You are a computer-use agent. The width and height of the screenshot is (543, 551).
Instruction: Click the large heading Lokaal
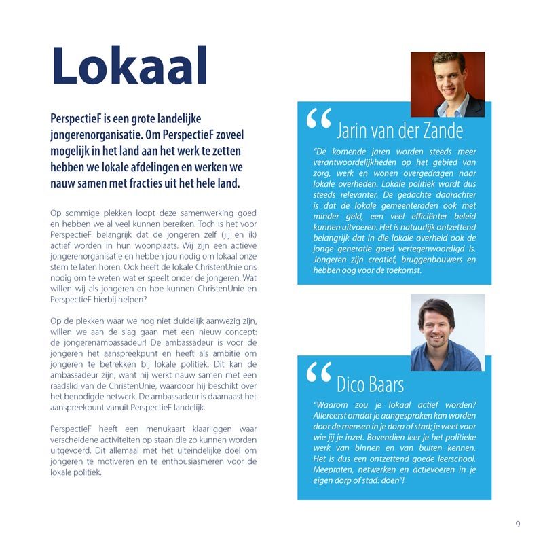pyautogui.click(x=129, y=67)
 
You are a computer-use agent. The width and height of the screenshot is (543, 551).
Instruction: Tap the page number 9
pyautogui.click(x=518, y=524)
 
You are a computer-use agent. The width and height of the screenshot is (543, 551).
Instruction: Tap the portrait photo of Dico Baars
pyautogui.click(x=447, y=332)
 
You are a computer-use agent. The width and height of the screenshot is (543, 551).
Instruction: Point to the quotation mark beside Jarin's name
pyautogui.click(x=318, y=120)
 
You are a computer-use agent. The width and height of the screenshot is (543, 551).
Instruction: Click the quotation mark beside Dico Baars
pyautogui.click(x=318, y=374)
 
